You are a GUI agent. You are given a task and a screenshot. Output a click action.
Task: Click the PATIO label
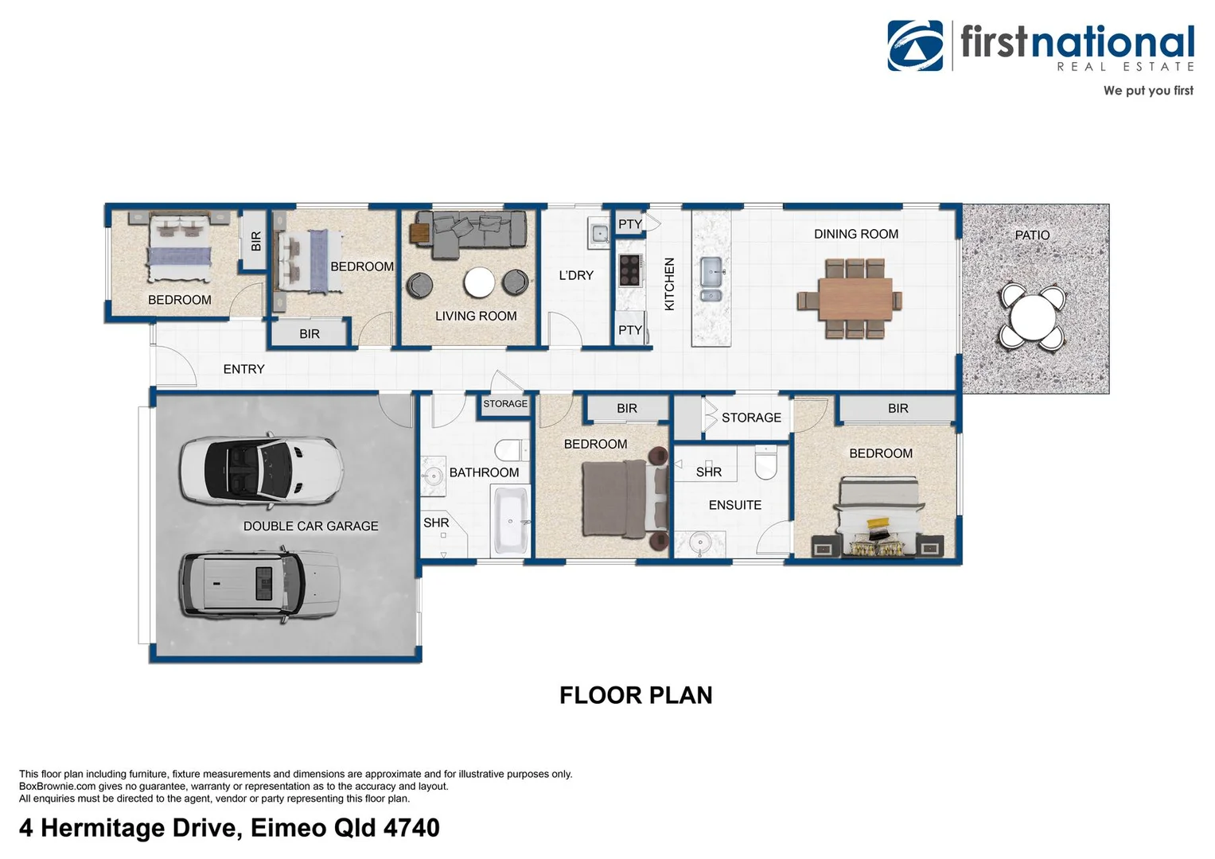coord(1032,235)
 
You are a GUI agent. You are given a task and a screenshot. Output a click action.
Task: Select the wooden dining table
coord(855,299)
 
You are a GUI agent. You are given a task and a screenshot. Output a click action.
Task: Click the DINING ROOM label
coord(856,234)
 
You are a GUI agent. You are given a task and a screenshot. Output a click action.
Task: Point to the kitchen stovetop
coord(630,270)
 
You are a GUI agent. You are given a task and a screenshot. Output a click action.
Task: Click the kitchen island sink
coord(711,278)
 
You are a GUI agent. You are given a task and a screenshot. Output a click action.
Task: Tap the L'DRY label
coord(576,275)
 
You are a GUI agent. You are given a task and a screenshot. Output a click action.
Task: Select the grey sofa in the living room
coord(471,233)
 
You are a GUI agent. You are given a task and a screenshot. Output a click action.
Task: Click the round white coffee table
coord(479,282)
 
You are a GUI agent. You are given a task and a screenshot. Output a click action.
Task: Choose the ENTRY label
coord(244,369)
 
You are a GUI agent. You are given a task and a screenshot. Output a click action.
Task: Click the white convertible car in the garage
coord(262,470)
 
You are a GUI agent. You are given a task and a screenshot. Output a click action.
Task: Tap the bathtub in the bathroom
coord(510,519)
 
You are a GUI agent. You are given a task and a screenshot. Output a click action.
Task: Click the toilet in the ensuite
coord(765,463)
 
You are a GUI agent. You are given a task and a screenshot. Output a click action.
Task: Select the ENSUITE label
coord(735,505)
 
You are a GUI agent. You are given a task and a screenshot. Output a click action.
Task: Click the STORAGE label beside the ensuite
coord(751,418)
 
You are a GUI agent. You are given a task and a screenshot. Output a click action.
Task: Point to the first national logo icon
coord(915,45)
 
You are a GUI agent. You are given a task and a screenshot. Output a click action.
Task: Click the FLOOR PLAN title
coord(636,695)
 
